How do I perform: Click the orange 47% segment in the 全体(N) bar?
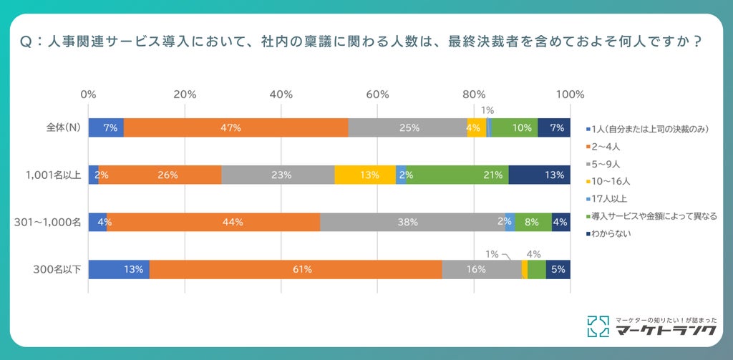(236, 127)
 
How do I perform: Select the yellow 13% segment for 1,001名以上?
(365, 175)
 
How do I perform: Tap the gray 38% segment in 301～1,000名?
(412, 222)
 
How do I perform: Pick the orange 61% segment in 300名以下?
(296, 269)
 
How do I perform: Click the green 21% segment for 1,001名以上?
(457, 175)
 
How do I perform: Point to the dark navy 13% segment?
(540, 175)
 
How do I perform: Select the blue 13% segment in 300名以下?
(119, 269)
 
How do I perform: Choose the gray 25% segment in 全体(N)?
(407, 127)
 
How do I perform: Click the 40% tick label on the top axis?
(281, 94)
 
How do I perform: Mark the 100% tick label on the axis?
(570, 94)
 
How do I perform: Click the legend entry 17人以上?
(606, 198)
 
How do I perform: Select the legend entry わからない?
(608, 233)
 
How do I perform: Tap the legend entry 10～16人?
(606, 181)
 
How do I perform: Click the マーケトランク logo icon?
(598, 326)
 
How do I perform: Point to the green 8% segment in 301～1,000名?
(533, 222)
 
